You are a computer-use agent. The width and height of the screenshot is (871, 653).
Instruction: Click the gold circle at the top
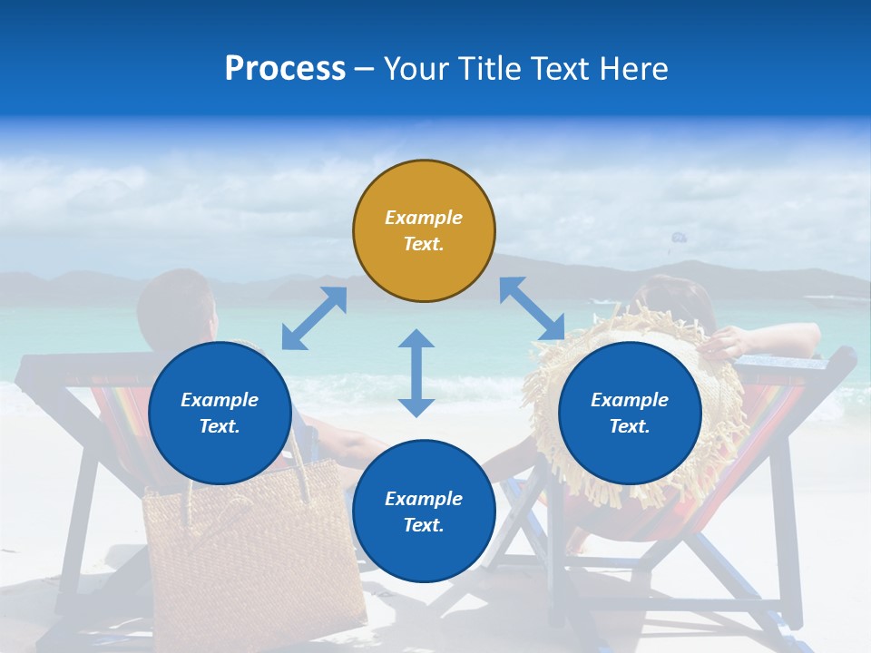[x=424, y=231]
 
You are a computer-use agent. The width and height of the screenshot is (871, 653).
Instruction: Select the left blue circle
[x=220, y=414]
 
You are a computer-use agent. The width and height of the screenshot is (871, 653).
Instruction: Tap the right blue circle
[x=630, y=414]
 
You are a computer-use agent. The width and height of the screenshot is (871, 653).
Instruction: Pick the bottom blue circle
[x=424, y=512]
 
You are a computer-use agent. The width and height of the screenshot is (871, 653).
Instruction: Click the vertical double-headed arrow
[x=416, y=373]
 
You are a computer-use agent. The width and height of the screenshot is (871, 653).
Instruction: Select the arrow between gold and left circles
[x=314, y=318]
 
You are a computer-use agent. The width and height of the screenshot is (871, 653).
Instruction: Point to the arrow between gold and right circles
[x=532, y=309]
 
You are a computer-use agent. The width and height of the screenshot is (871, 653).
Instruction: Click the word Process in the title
[x=285, y=69]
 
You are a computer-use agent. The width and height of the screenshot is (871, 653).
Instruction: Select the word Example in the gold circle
[x=424, y=218]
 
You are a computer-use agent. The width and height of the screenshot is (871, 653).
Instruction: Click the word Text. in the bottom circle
[x=424, y=525]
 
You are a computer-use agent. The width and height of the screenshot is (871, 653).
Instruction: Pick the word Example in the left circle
[x=220, y=400]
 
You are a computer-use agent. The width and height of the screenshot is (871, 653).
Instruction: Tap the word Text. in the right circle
[x=630, y=426]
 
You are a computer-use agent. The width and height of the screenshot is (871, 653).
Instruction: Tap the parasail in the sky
[x=675, y=239]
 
